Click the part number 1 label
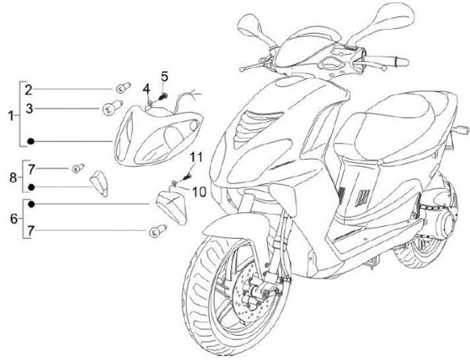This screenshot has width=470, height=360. click(10, 115)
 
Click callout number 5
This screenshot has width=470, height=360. click(164, 76)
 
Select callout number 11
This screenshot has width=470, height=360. click(196, 157)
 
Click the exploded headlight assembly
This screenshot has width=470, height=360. click(157, 134)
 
